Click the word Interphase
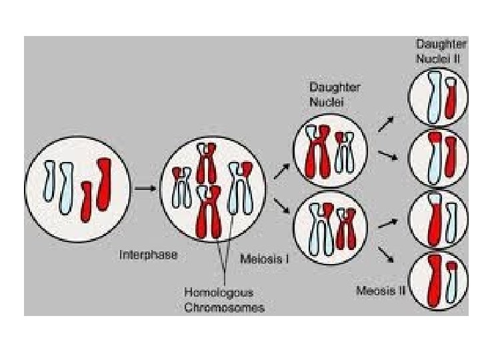tap(148, 255)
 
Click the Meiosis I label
tap(264, 258)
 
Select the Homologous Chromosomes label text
tap(224, 299)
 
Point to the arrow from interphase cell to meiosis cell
tap(145, 189)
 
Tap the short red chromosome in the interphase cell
tap(85, 201)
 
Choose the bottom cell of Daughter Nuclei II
tap(437, 279)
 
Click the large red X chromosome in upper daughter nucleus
tap(317, 151)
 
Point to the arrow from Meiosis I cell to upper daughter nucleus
tap(281, 171)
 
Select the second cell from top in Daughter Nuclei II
tap(437, 159)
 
